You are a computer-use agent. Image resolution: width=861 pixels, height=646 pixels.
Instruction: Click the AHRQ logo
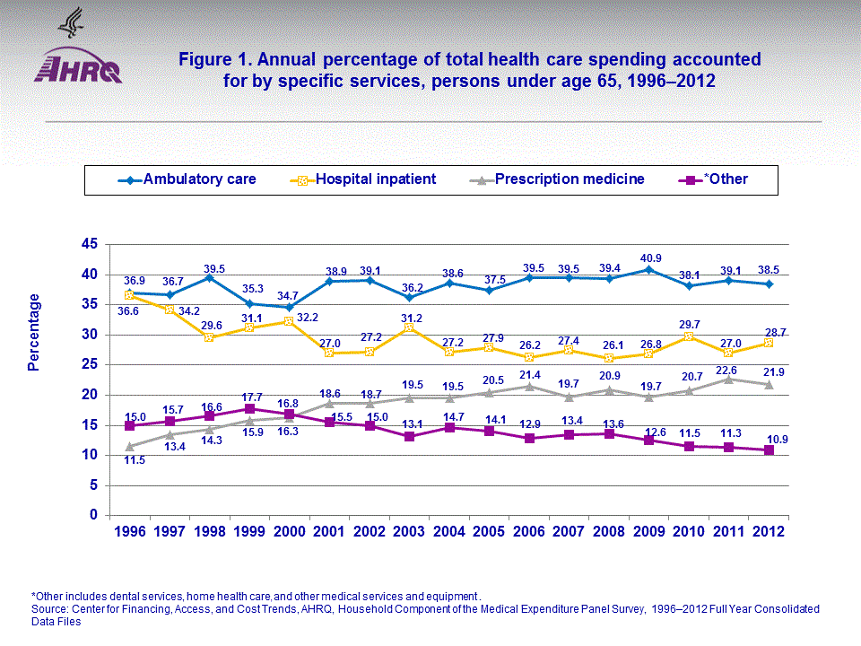tap(77, 67)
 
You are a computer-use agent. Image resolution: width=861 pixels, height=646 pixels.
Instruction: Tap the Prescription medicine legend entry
tap(565, 179)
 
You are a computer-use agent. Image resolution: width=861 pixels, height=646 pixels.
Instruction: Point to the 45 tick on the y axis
tap(89, 244)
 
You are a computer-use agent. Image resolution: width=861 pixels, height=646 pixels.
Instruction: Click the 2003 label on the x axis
tap(409, 531)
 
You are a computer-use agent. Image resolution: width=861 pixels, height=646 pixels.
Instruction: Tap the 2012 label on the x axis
tap(769, 531)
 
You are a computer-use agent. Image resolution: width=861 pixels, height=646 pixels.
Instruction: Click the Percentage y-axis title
tap(34, 332)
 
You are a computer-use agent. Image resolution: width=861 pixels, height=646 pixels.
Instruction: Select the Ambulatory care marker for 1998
tap(209, 277)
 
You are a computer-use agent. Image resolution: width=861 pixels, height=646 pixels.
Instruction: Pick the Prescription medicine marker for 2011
tap(728, 380)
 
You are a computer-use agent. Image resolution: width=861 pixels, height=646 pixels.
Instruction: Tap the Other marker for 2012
tap(769, 450)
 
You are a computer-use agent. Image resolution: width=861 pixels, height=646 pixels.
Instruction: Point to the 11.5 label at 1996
tap(135, 460)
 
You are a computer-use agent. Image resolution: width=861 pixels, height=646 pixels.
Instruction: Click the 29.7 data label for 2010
tap(689, 323)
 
